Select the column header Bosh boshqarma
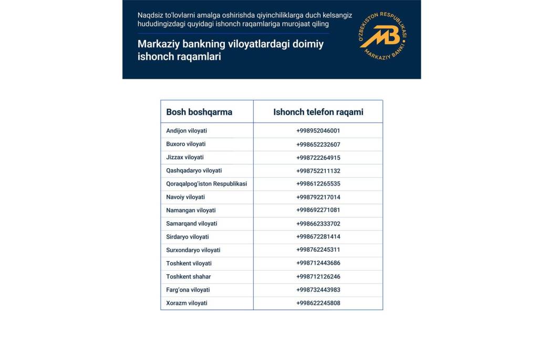(x=199, y=112)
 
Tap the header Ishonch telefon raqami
(x=318, y=112)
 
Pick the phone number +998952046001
(x=318, y=131)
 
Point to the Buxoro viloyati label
(x=185, y=144)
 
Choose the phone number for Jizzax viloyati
(x=318, y=157)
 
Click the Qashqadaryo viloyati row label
(x=194, y=170)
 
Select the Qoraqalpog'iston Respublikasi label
(x=206, y=184)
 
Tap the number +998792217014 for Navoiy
(x=318, y=197)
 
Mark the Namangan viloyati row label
(x=191, y=210)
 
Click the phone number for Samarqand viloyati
(x=318, y=223)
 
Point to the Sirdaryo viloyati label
(x=187, y=237)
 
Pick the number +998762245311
(x=318, y=250)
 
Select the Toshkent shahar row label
(x=188, y=276)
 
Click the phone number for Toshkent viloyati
(x=318, y=263)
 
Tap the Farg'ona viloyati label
(x=188, y=290)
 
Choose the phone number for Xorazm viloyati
(x=318, y=303)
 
